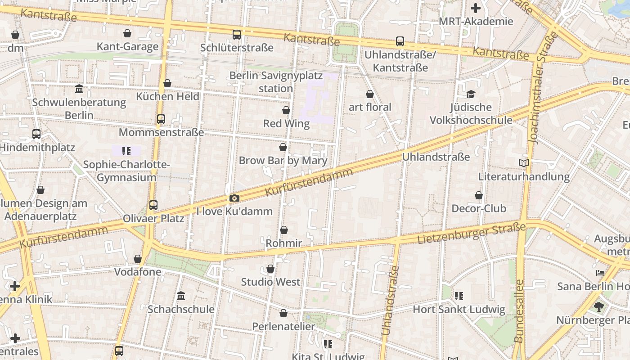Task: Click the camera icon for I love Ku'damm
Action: point(234,198)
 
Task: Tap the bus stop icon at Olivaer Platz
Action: point(153,205)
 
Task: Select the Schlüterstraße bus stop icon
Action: point(237,35)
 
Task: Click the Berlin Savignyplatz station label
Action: point(276,82)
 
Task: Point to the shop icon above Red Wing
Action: point(286,110)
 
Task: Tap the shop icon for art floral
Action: point(370,94)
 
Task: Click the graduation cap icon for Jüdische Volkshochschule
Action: point(471,94)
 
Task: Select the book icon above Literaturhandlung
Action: point(524,163)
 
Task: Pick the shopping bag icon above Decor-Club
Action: point(479,195)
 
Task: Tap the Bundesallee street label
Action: point(519,311)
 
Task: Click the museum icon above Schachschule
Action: point(181,296)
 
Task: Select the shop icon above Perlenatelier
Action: point(283,313)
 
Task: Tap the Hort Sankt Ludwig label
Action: point(459,310)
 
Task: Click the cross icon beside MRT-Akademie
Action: point(476,8)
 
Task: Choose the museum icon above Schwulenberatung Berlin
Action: point(80,89)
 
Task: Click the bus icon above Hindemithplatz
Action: point(36,134)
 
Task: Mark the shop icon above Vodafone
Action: point(138,259)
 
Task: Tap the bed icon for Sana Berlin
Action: point(600,273)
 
